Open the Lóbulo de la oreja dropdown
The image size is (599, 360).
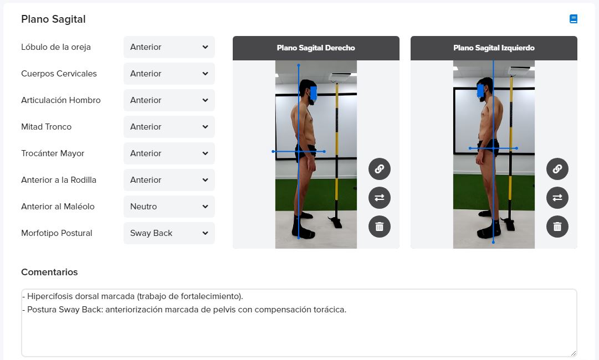(169, 47)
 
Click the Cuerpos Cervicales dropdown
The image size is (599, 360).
(169, 74)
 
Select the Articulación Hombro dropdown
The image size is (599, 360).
(169, 100)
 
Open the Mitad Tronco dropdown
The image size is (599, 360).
(169, 127)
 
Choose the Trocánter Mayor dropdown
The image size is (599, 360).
(169, 153)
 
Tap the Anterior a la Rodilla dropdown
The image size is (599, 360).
(169, 180)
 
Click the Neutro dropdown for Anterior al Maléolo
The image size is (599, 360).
(169, 207)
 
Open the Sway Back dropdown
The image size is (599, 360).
(169, 233)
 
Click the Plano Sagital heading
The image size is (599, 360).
(54, 19)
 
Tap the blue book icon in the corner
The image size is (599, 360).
(574, 19)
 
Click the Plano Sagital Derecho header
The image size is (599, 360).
(316, 48)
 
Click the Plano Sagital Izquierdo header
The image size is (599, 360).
(494, 48)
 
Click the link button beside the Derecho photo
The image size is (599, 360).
(380, 169)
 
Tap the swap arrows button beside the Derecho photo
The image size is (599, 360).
(380, 198)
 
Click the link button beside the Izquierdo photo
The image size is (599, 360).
(557, 169)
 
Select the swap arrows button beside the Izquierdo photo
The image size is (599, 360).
(557, 198)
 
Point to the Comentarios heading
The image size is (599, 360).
(49, 272)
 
